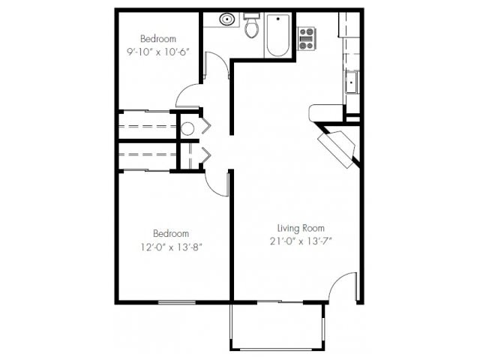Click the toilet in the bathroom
click(x=252, y=28)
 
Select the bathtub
click(x=278, y=35)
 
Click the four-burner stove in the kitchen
click(x=306, y=37)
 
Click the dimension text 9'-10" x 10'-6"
click(x=157, y=52)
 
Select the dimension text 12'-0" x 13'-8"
click(x=171, y=245)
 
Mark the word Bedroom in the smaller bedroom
click(x=157, y=39)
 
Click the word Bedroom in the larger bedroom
click(x=171, y=233)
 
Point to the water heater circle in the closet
click(x=187, y=128)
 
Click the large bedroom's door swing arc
click(x=217, y=184)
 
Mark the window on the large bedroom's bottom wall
click(x=177, y=302)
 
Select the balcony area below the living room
click(x=277, y=326)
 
